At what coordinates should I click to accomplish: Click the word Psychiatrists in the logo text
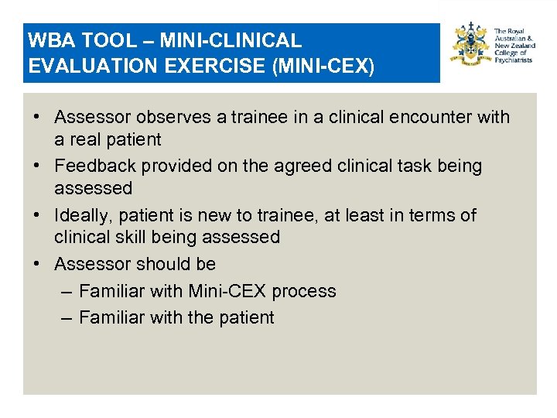pos(513,60)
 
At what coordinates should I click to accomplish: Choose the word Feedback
pos(96,166)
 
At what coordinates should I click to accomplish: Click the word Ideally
pos(82,214)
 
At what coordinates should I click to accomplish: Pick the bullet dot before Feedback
pos(37,166)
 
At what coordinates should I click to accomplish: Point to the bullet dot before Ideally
pos(37,215)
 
